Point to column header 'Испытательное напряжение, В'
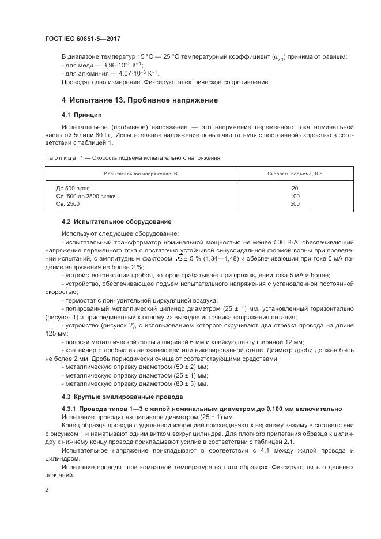coord(140,174)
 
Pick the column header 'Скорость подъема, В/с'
coord(295,174)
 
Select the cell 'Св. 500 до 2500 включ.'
coord(87,196)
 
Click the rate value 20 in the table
coord(295,189)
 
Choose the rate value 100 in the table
coord(295,196)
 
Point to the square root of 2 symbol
coord(164,259)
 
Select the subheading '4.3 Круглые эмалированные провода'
coord(118,397)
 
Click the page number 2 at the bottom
coord(46,489)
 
